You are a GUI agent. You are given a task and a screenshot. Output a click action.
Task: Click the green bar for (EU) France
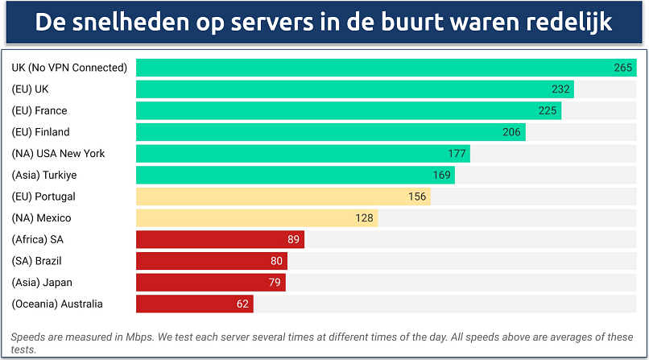tap(348, 110)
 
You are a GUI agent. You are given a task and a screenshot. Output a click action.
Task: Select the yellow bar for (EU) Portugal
tap(283, 197)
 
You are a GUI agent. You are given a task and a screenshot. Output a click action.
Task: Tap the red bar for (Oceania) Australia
tap(194, 304)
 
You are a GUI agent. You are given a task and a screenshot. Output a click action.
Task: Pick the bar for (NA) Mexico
tap(256, 217)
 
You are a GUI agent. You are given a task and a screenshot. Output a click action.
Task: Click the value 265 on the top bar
tap(622, 68)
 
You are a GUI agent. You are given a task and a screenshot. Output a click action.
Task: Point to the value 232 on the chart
tap(561, 89)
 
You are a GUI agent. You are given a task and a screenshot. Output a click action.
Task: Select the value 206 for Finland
tap(512, 132)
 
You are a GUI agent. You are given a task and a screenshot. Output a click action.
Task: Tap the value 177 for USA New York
tap(457, 153)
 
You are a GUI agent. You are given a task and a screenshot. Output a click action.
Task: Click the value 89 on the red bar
tap(294, 239)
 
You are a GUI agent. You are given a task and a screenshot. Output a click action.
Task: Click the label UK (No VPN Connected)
tap(69, 68)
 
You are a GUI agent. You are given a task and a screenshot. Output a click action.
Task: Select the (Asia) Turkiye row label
tap(44, 175)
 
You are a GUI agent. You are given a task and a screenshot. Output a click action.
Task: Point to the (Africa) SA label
tap(38, 239)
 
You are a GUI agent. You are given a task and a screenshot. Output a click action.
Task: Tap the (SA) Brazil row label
tap(37, 261)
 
